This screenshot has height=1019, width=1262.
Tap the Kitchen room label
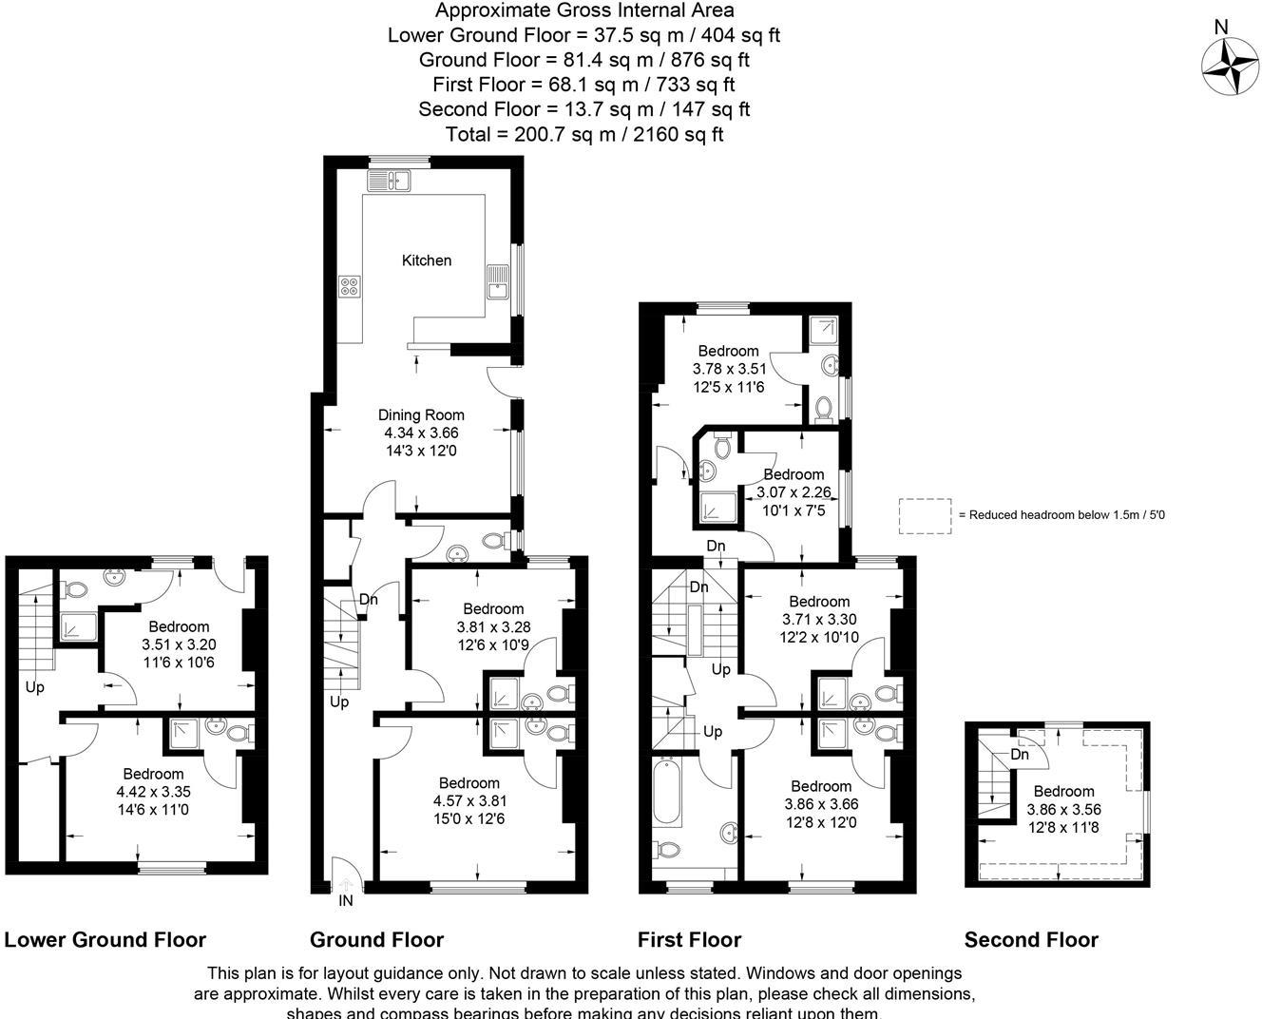coord(427,260)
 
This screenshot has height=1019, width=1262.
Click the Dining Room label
coord(421,414)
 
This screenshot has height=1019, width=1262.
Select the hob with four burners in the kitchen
coord(350,285)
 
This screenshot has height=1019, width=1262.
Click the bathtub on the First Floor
coord(665,792)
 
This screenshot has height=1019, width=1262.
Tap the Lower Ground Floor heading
coord(105,940)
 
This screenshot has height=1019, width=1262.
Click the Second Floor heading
coord(1031,940)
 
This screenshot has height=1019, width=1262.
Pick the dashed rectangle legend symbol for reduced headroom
coord(925,515)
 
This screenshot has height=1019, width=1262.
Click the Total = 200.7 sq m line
coord(584,134)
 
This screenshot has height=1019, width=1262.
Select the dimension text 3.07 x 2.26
coord(794,492)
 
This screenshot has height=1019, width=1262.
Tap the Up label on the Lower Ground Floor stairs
coord(35,687)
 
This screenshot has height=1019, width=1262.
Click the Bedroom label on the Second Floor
coord(1063,792)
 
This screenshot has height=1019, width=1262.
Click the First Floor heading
coord(689,940)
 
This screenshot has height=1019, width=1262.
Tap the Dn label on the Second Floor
coord(1020,755)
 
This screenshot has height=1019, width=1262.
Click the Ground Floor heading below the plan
coord(376,940)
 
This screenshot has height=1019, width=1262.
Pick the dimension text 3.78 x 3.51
coord(729,369)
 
